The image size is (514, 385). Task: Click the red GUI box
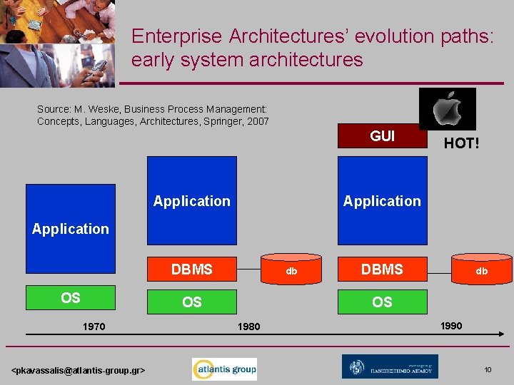click(x=382, y=136)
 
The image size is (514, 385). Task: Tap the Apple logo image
click(x=448, y=108)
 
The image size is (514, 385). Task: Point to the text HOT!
click(x=461, y=143)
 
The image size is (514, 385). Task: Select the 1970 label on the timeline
click(x=94, y=327)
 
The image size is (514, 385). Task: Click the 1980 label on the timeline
click(x=249, y=327)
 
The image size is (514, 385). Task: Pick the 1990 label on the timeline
click(x=450, y=326)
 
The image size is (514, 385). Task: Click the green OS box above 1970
click(x=70, y=298)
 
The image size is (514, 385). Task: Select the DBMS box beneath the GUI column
click(x=382, y=269)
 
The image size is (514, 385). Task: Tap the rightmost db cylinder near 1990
click(x=482, y=270)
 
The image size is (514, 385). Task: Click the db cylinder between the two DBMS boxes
click(x=291, y=270)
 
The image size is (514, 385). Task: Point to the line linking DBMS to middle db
click(x=248, y=270)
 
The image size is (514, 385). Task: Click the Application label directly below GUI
click(x=382, y=201)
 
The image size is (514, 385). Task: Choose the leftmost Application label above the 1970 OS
click(x=71, y=229)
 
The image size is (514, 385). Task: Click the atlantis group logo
click(x=224, y=369)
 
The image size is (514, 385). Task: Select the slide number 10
click(x=488, y=369)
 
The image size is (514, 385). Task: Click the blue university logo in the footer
click(x=390, y=367)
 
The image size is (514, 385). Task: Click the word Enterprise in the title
click(x=176, y=36)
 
